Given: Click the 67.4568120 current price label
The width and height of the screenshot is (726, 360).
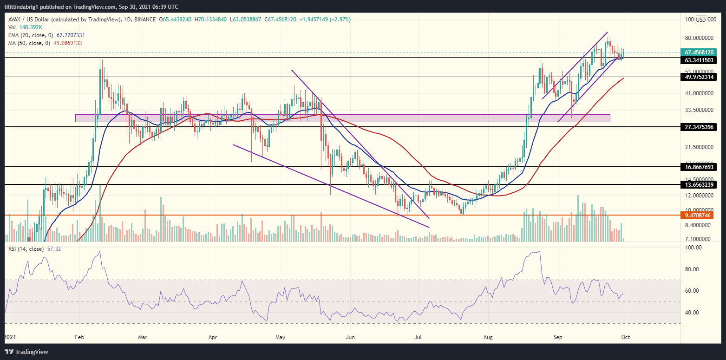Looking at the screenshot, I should point(700,52).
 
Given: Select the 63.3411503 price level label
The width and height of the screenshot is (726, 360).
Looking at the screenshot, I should point(700,60).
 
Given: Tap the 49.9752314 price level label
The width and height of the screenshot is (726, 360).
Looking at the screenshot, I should point(700,77).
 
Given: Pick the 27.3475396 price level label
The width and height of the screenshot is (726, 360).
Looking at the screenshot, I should point(700,127).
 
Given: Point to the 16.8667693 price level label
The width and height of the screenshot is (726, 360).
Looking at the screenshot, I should point(700,167).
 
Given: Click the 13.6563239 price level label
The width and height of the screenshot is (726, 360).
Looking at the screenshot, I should point(700,184).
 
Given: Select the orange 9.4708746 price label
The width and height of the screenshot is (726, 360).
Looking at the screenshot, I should point(700,216).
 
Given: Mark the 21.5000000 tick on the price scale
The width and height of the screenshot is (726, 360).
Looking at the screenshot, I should point(700,147).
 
